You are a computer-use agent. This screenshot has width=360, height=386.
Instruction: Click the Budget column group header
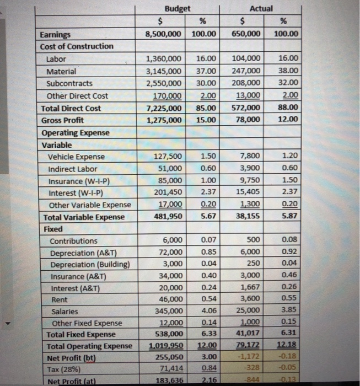click(x=177, y=8)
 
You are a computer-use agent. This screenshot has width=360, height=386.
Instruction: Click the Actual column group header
click(x=261, y=8)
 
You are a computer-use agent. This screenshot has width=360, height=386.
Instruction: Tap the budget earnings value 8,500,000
click(x=163, y=34)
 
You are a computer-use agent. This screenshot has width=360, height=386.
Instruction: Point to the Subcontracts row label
click(x=70, y=83)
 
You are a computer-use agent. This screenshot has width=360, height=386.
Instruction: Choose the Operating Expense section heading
click(x=76, y=133)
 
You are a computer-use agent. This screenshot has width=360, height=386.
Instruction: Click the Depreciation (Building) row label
click(x=90, y=265)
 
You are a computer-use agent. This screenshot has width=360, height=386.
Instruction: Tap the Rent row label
click(x=60, y=300)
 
